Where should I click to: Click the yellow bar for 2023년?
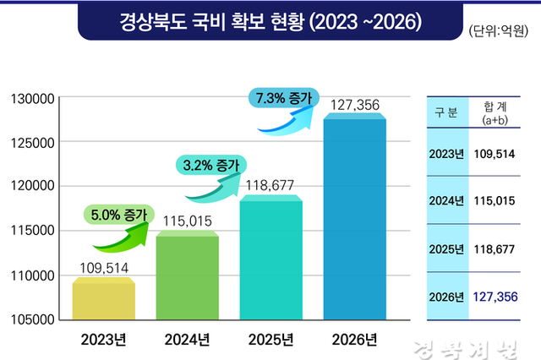pos(103,299)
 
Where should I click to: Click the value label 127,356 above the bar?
pos(355,106)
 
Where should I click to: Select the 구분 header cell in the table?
pos(446,114)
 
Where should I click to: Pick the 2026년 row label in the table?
pos(446,297)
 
